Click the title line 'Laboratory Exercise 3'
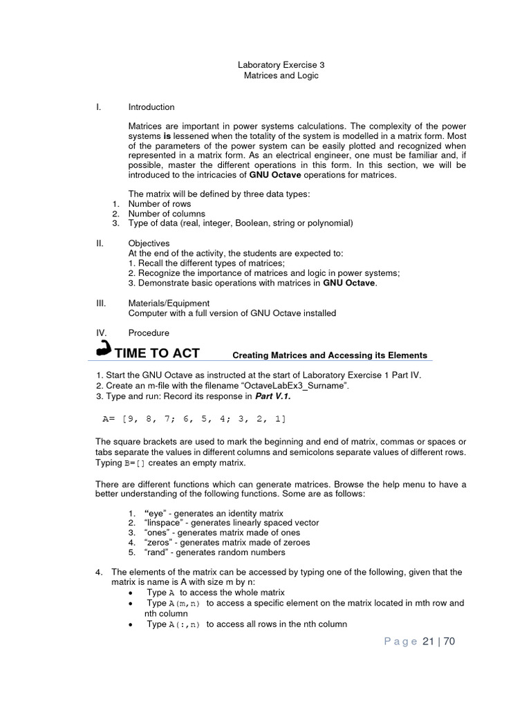(x=281, y=65)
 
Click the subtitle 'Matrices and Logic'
(x=281, y=75)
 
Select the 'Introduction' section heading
(x=151, y=107)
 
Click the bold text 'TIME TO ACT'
(x=157, y=353)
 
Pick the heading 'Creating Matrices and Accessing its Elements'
(x=329, y=355)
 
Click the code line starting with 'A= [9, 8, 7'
(x=193, y=419)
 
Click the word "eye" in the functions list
(x=158, y=513)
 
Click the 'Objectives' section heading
(x=149, y=244)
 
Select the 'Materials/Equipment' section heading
(x=169, y=304)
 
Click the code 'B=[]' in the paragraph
(x=136, y=463)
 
